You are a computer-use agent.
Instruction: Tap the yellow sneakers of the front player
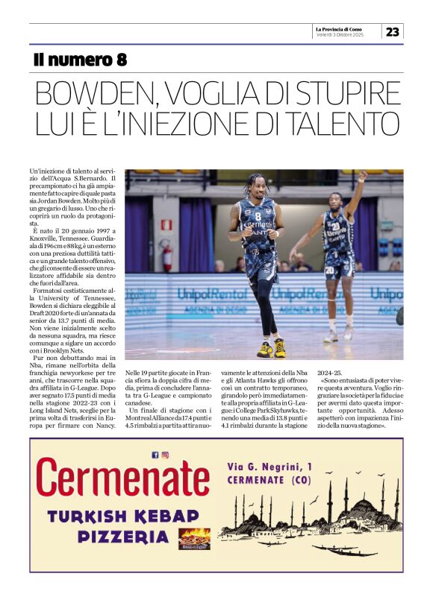(x=272, y=349)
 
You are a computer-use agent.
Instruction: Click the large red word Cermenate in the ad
(x=122, y=478)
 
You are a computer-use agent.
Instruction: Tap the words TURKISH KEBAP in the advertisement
(x=122, y=515)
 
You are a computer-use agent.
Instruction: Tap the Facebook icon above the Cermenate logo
(x=155, y=455)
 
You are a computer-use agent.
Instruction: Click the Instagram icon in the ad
(x=165, y=455)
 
